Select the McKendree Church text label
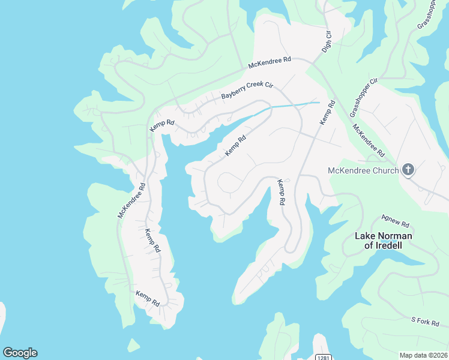point(363,170)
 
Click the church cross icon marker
point(408,170)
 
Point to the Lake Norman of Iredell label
point(383,241)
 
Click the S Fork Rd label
point(425,322)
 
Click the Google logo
point(20,353)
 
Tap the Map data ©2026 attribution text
point(423,355)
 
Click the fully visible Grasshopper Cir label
point(364,97)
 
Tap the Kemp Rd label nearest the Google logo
point(147,298)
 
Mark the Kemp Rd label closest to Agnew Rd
point(280,192)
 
